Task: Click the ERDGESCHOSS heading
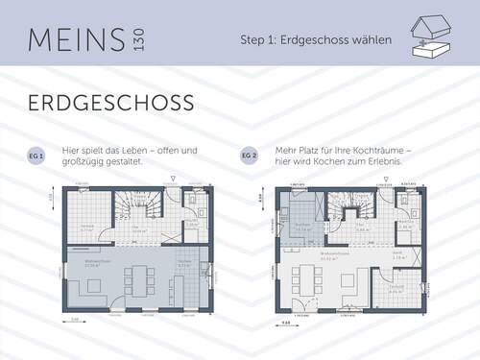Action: (110, 102)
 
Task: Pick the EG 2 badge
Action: (249, 155)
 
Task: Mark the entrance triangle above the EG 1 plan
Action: (172, 179)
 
